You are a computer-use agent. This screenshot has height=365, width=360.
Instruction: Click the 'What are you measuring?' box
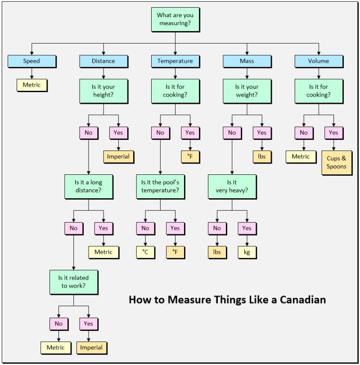coord(175,19)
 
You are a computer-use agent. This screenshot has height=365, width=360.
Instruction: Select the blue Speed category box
coord(31,61)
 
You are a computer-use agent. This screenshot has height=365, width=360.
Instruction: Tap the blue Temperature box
coord(175,61)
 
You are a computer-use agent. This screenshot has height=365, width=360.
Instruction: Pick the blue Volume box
coord(319,61)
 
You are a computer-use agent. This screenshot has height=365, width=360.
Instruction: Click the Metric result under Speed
coord(31,85)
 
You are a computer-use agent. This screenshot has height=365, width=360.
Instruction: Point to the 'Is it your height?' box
coord(103,91)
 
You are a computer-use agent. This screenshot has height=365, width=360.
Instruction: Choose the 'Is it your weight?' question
coord(247,91)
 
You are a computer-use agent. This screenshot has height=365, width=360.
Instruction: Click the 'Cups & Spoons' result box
coord(337,163)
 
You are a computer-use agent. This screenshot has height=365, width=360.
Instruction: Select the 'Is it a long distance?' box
coord(89,187)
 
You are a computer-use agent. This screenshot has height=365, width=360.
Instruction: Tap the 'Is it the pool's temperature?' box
coord(160,187)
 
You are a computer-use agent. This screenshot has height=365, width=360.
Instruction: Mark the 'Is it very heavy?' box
coord(232,187)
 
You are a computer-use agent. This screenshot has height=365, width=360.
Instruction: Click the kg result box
coord(247,252)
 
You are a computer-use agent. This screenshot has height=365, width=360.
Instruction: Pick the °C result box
coord(145,252)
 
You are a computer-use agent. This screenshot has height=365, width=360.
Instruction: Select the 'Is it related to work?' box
coord(74,282)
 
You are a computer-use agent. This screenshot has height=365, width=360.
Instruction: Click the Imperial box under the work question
coord(91,348)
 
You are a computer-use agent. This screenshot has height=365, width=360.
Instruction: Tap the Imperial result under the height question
coord(118,157)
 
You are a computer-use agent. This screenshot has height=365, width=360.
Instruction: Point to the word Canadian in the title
coord(303,299)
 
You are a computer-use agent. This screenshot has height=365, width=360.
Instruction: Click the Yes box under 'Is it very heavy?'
coord(247,228)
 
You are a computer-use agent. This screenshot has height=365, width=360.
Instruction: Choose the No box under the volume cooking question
coord(304,133)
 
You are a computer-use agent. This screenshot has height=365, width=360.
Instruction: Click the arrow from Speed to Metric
coord(31,73)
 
